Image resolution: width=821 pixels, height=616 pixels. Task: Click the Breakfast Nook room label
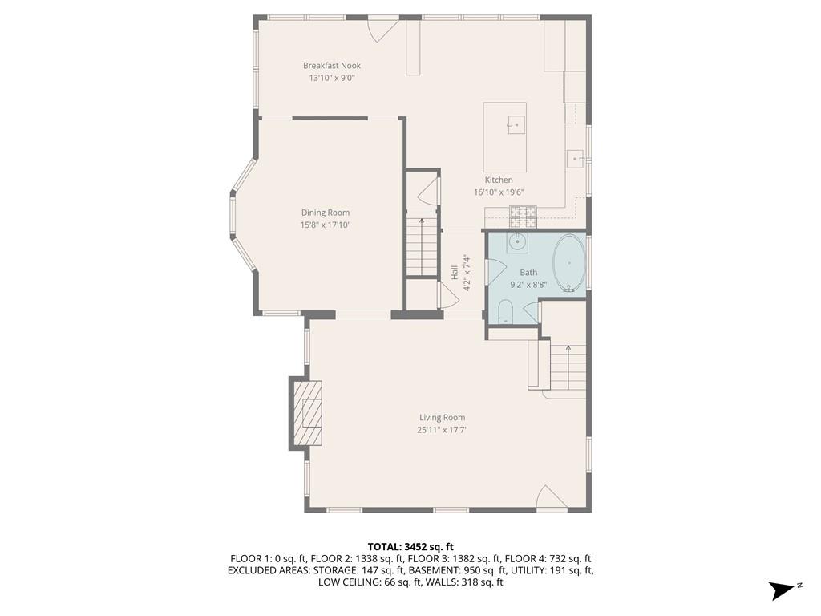(x=332, y=66)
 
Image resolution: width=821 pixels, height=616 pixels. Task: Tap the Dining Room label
(x=326, y=213)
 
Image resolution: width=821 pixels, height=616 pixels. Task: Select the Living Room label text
(x=442, y=417)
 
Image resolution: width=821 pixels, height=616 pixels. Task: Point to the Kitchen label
(x=499, y=180)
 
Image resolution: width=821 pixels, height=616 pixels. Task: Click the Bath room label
(x=528, y=273)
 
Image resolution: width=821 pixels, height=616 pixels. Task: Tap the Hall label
(x=455, y=273)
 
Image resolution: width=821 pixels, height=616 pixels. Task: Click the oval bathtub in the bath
(x=569, y=263)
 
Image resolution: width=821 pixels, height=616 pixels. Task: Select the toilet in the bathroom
(x=505, y=312)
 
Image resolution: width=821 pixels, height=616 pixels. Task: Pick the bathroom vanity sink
(x=517, y=242)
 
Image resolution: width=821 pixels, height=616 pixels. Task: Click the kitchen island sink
(x=516, y=124)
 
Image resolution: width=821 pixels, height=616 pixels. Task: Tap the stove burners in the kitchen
(x=523, y=217)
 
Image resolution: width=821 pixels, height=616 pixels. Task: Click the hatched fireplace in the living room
(x=307, y=413)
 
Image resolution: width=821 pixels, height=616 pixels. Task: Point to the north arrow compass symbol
(x=783, y=590)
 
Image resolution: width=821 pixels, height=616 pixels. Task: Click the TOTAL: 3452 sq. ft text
(x=410, y=547)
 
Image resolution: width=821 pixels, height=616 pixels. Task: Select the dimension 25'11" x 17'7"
(x=442, y=430)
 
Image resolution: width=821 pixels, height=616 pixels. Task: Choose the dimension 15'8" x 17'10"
(x=326, y=225)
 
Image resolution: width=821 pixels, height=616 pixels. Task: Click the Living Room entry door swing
(x=551, y=496)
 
